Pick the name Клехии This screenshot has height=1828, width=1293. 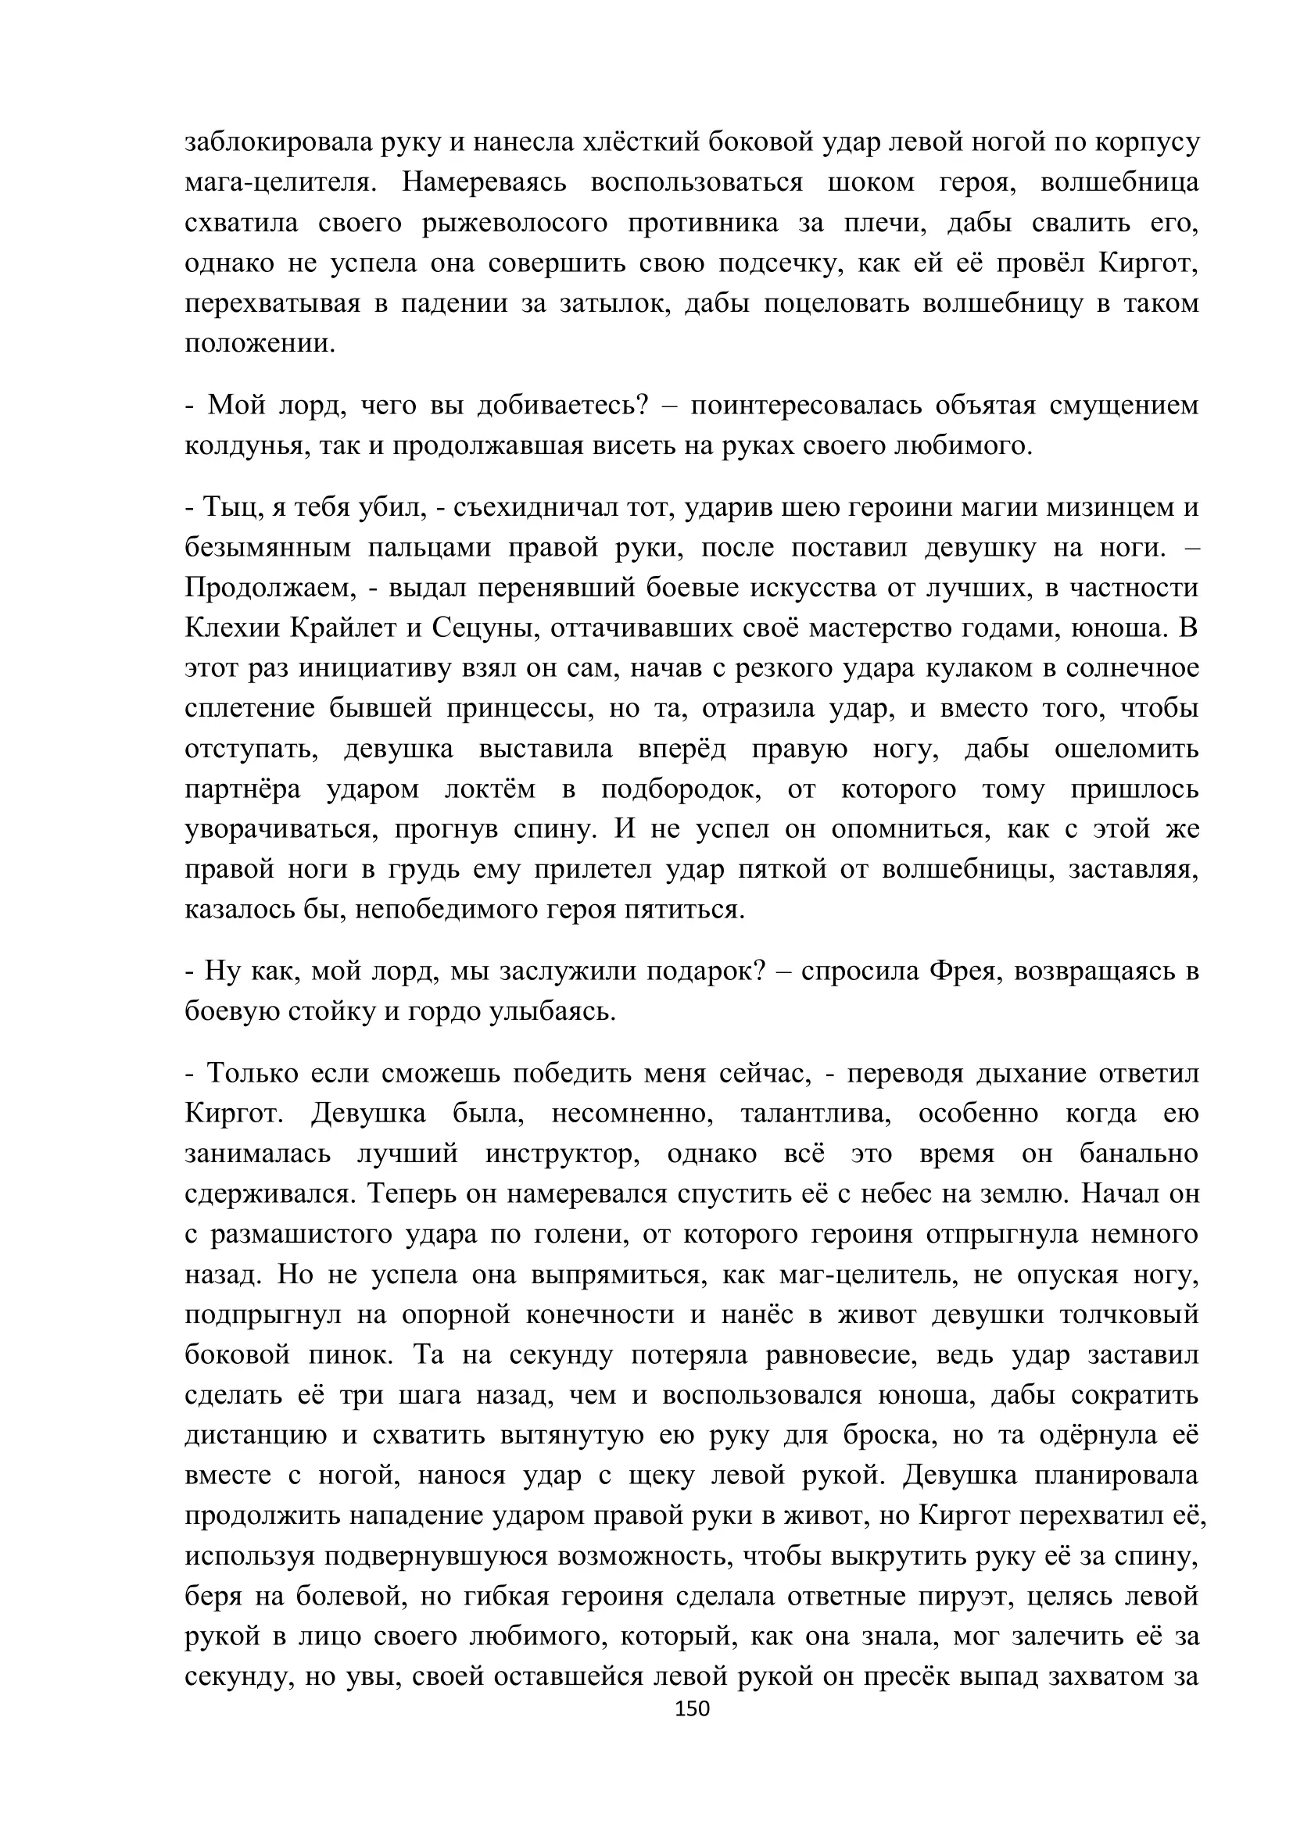click(230, 628)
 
